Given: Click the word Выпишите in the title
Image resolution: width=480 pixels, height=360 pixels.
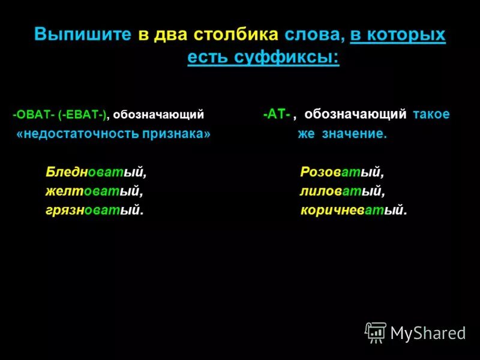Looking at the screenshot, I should pos(82,34).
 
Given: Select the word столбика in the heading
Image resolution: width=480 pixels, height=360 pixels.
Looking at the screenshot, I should pos(236,34).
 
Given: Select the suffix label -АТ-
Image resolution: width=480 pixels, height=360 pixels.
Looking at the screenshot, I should pos(277,114).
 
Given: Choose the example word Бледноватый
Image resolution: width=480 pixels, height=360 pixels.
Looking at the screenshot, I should pos(96,172).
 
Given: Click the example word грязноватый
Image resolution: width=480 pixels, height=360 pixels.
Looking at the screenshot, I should pos(95,211).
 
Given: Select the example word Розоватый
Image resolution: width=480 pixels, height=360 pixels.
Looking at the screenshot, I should pos(341,172).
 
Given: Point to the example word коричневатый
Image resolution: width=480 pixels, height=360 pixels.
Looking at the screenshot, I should pos(353,211).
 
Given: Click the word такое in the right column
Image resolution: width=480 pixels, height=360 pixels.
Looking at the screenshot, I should pos(431,114).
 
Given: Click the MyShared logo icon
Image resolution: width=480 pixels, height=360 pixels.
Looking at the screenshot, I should pos(376,332).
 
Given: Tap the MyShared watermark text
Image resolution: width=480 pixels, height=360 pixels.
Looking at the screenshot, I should pos(428,334).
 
